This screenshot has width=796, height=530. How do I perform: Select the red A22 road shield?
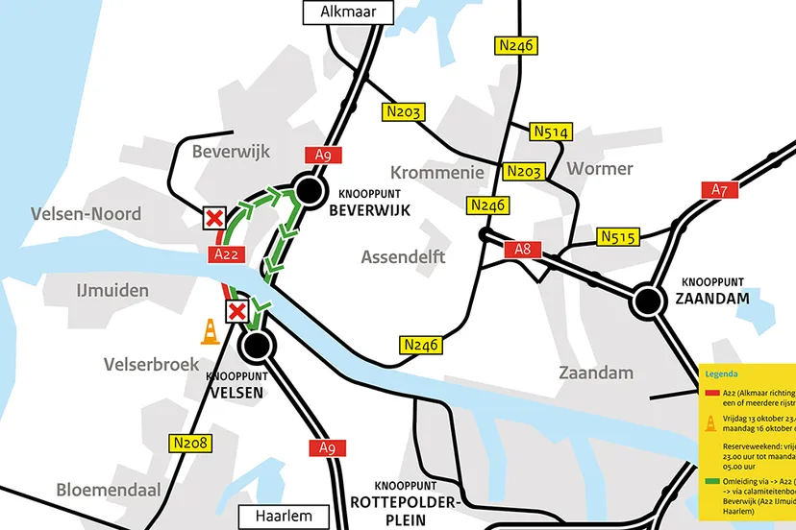pos(226,253)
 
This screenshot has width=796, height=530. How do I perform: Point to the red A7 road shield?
pos(719,189)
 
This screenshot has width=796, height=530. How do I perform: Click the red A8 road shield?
pos(522,250)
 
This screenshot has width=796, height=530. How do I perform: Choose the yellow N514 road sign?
pos(552,132)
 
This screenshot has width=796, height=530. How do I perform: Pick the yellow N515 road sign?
pos(617,236)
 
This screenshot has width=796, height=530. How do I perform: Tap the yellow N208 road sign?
pos(192,443)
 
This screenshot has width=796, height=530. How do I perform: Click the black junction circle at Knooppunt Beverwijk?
pos(309,191)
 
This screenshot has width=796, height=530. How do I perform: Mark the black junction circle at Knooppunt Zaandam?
pos(649,302)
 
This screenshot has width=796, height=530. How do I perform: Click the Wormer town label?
pos(600,169)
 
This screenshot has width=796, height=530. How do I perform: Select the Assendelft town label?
pos(404,256)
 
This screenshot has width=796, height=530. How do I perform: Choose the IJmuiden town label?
pos(112,289)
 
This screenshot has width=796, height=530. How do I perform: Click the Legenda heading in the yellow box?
pos(723,373)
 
